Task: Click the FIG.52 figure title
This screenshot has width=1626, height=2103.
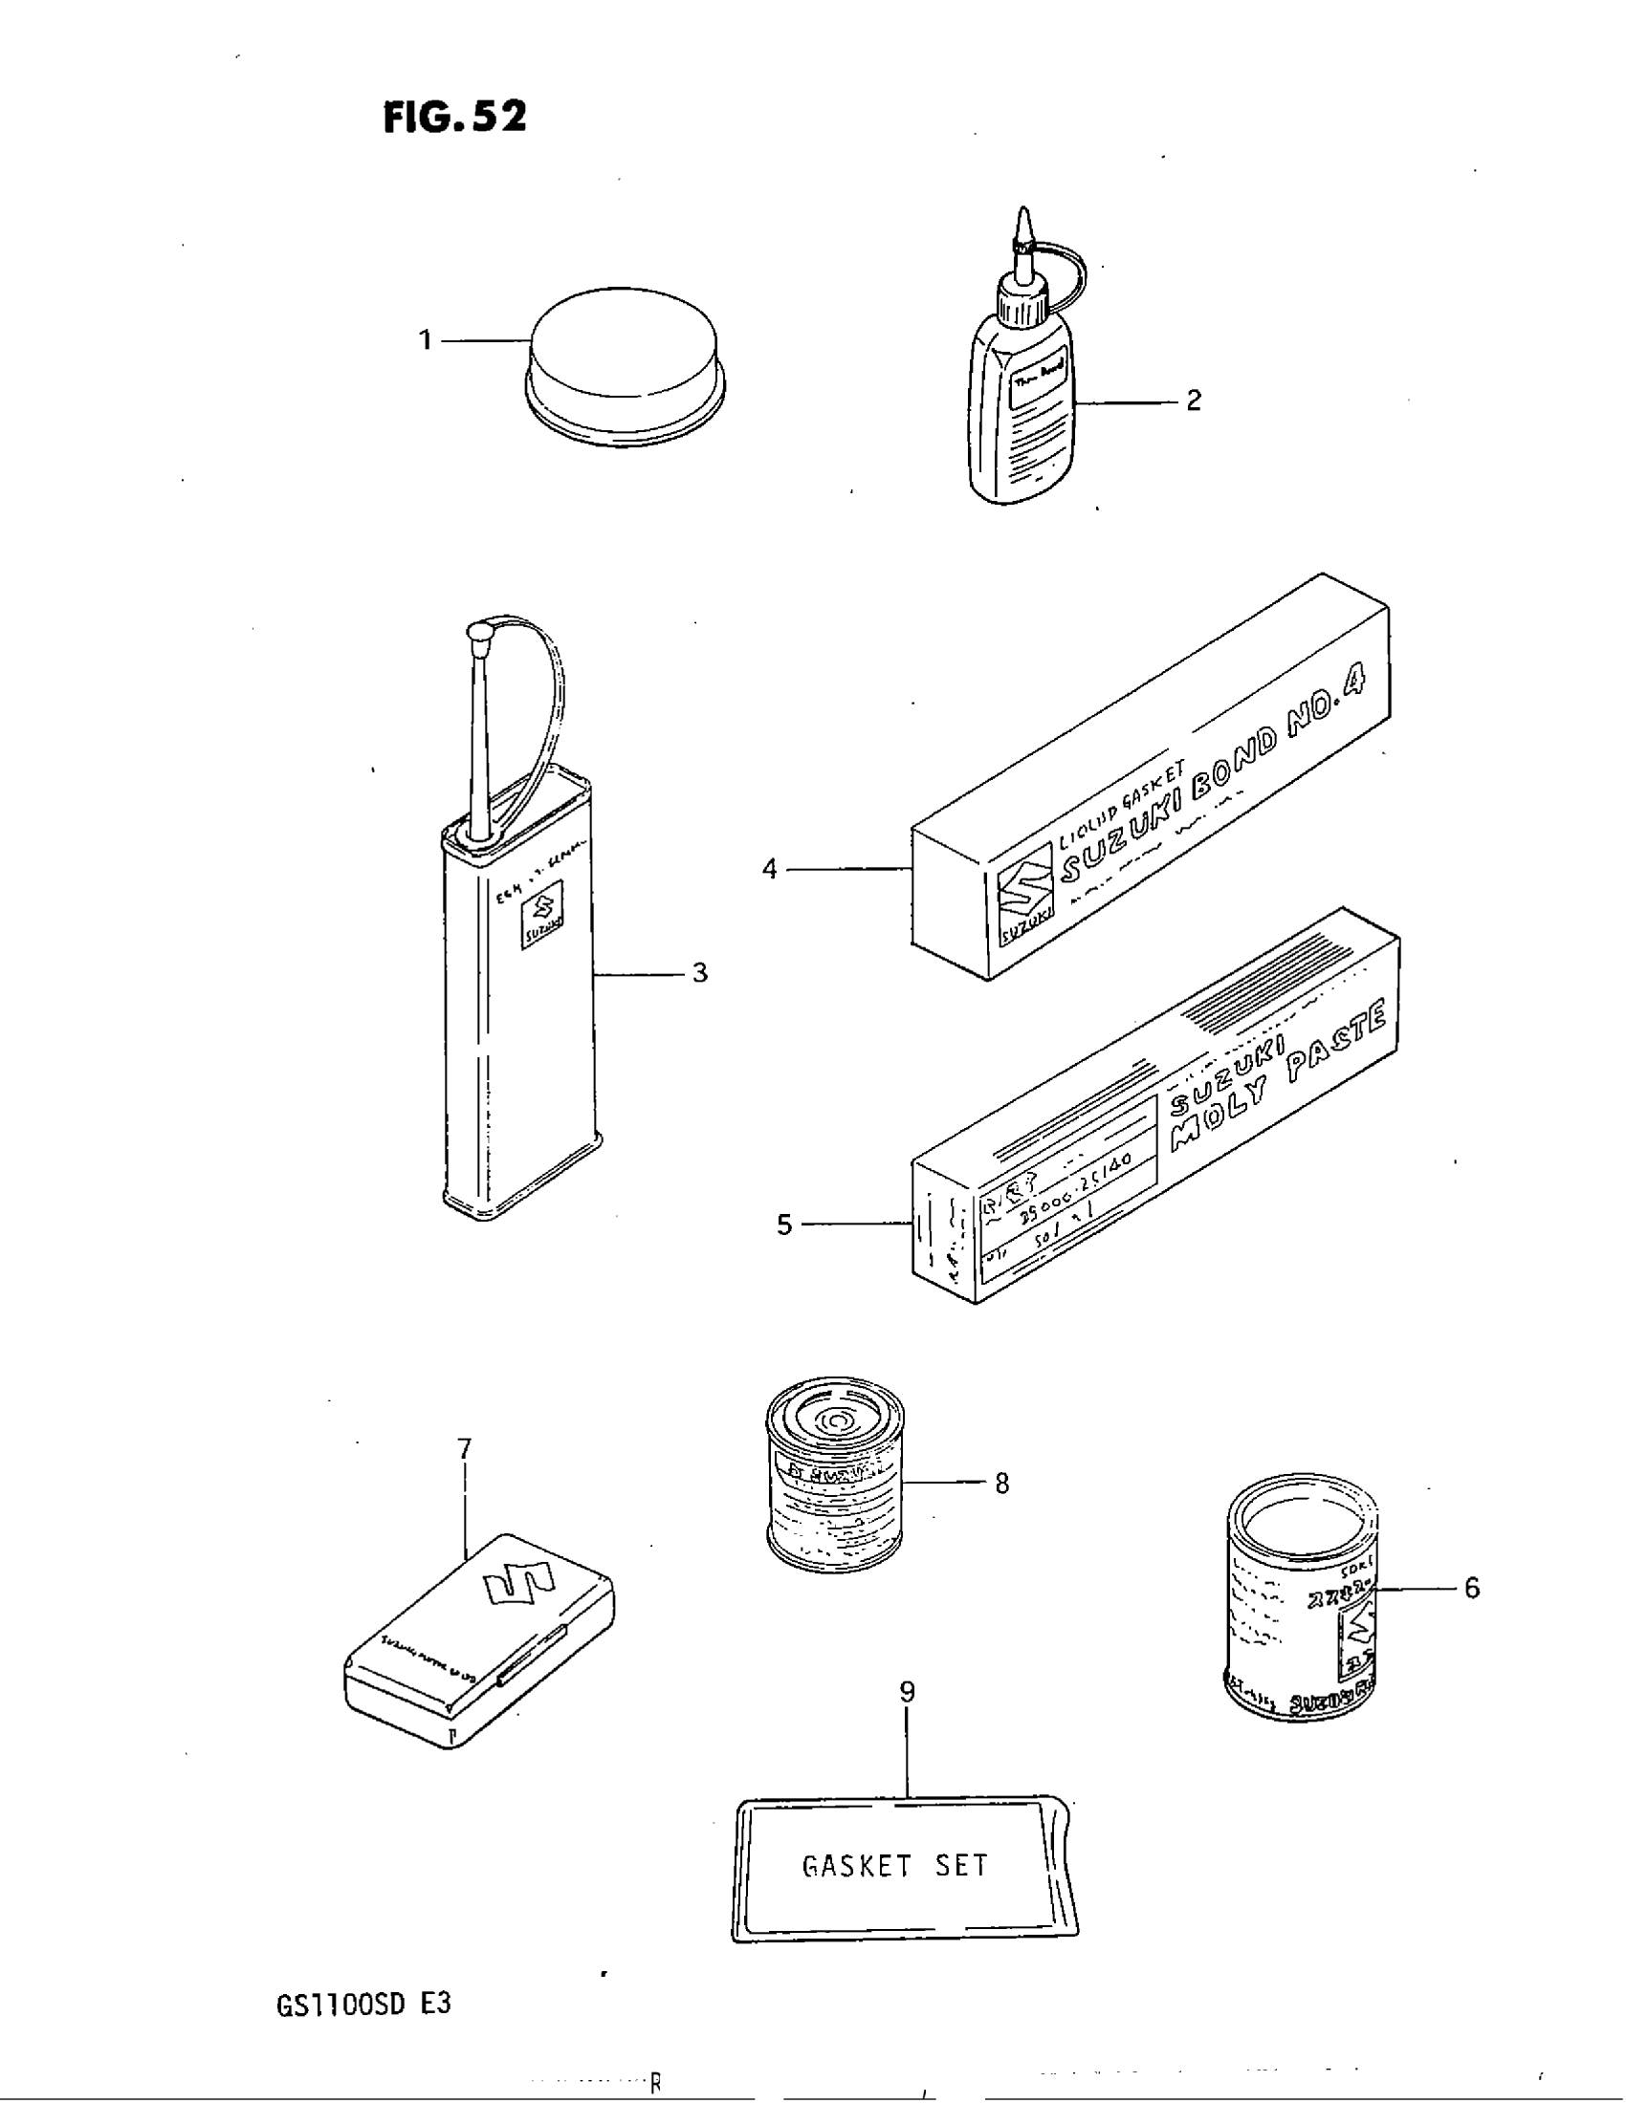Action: [454, 117]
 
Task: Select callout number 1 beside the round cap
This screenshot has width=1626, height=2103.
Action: [425, 340]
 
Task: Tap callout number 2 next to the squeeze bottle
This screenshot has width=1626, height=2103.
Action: [1194, 401]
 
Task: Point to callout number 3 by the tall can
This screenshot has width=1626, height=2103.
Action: [700, 973]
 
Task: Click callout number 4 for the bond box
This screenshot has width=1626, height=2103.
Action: [770, 870]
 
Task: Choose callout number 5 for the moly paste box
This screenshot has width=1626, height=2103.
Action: [784, 1225]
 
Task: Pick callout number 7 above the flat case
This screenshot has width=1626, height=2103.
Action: [464, 1448]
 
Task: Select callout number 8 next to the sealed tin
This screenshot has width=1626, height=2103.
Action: [1001, 1484]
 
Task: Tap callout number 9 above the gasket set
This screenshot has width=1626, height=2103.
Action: [907, 1692]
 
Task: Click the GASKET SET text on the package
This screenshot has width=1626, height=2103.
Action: [895, 1866]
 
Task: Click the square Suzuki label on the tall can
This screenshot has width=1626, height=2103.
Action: [540, 921]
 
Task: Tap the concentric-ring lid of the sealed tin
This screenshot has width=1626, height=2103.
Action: [835, 1421]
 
